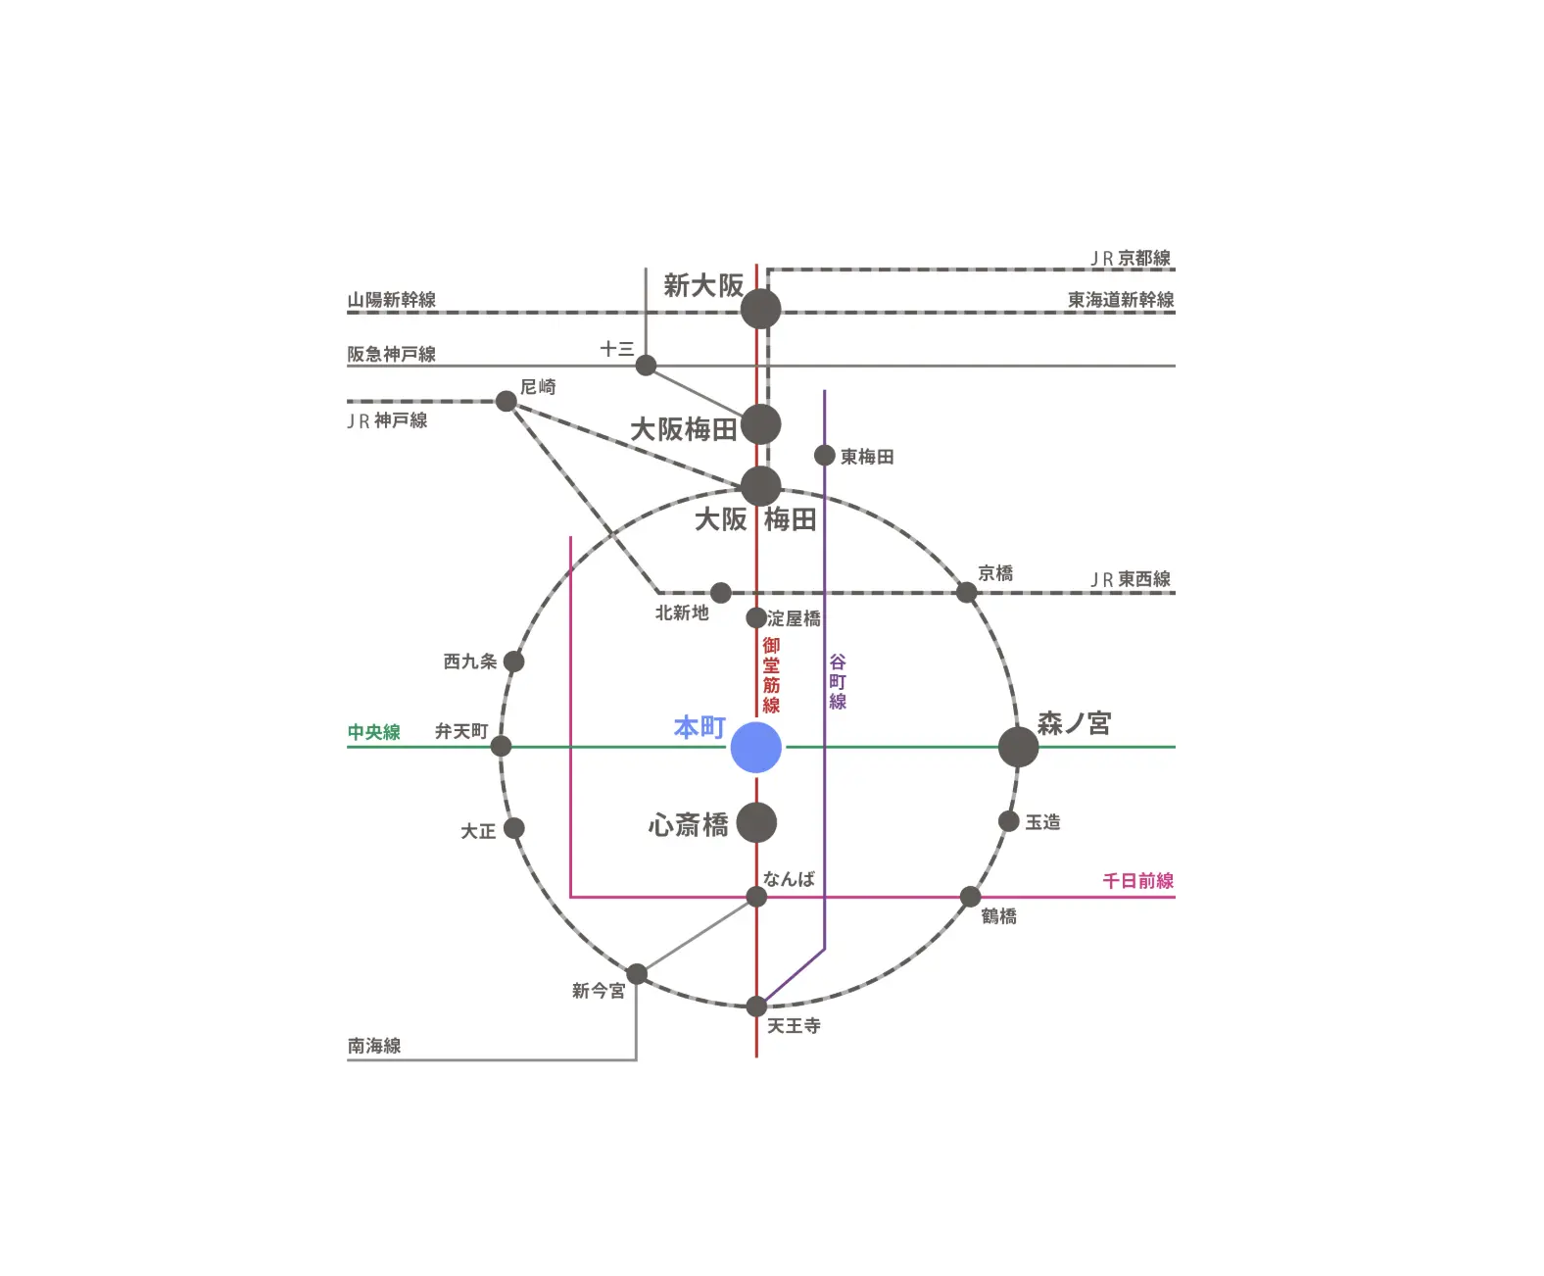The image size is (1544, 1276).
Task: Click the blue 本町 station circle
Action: click(755, 748)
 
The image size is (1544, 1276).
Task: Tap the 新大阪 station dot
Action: click(760, 310)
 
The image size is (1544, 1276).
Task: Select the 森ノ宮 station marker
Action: click(1018, 748)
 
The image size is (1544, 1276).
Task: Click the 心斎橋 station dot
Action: click(756, 823)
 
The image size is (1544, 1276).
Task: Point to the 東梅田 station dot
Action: click(825, 456)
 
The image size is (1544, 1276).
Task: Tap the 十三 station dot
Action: click(646, 366)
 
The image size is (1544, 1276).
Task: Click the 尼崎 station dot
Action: click(507, 401)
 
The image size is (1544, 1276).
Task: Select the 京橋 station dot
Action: click(966, 593)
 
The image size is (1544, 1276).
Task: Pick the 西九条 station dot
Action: click(513, 662)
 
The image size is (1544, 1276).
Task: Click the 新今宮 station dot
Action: click(637, 974)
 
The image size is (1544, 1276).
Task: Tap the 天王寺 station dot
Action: click(756, 1006)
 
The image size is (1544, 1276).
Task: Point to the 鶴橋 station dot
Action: click(970, 897)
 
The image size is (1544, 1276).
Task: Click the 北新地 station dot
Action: click(720, 593)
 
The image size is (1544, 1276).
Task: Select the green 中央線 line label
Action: click(374, 732)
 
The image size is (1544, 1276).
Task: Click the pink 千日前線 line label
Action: click(1137, 881)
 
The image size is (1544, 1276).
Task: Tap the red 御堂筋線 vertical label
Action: click(772, 675)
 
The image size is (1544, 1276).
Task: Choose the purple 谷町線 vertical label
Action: click(838, 682)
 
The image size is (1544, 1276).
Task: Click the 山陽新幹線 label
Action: click(392, 300)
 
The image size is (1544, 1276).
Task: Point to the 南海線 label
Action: click(374, 1046)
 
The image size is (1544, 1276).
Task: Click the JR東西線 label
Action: click(1131, 579)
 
